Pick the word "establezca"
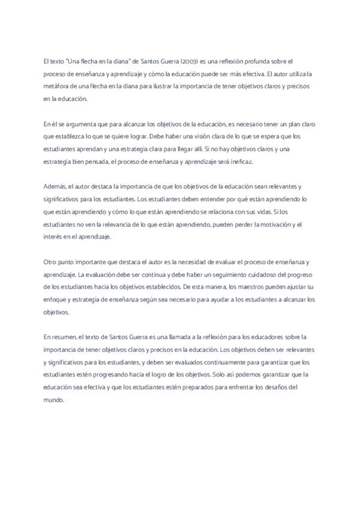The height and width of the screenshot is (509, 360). [73, 136]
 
